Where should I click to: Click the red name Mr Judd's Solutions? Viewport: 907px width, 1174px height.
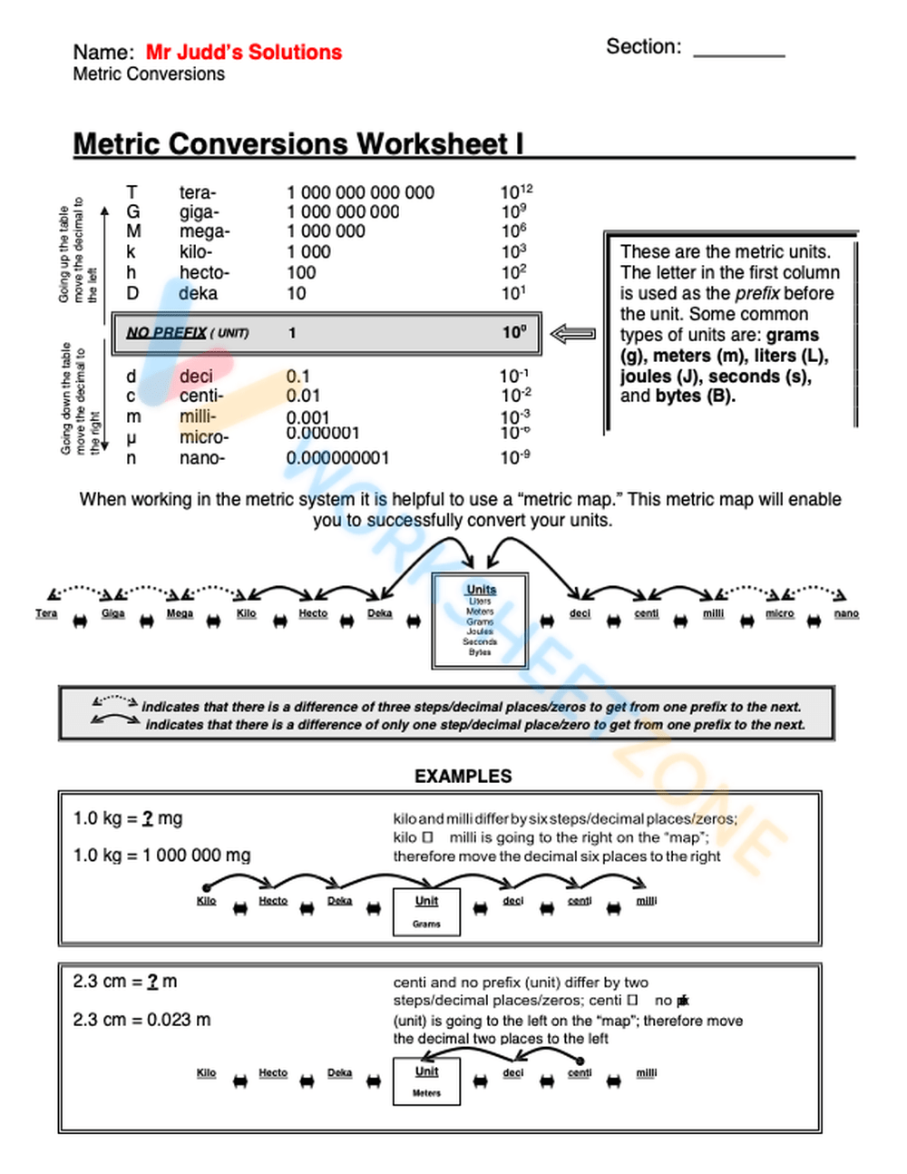coord(243,53)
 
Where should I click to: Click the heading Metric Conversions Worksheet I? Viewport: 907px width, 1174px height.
coord(297,144)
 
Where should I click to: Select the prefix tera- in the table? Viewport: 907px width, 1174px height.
coord(197,192)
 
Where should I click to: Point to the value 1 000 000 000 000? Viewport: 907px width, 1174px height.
coord(360,192)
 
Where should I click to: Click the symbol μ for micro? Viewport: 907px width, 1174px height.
coord(132,437)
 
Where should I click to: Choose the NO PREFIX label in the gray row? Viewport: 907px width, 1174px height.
coord(166,333)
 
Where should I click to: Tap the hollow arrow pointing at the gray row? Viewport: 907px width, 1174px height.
coord(573,334)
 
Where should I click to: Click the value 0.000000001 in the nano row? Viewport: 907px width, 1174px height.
coord(337,458)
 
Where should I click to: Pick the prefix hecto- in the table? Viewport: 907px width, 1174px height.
coord(204,272)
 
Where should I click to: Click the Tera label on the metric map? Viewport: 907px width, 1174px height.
coord(46,613)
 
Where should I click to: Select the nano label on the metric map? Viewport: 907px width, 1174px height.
coord(846,613)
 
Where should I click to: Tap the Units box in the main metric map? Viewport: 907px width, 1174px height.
coord(481,621)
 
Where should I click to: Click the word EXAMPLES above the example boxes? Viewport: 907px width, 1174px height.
coord(463,776)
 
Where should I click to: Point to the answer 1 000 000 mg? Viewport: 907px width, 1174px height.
coord(196,855)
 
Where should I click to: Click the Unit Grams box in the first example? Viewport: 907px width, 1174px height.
coord(426,911)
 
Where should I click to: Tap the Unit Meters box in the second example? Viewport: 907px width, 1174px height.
coord(426,1081)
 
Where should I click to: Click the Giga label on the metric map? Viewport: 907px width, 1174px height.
coord(113,613)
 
